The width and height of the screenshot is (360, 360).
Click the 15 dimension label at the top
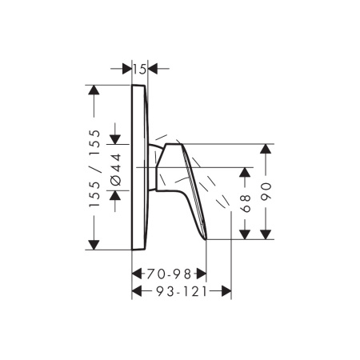coord(140,70)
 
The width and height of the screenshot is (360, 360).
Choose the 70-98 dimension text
coord(169,273)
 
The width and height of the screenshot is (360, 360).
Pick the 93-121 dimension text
coord(181,292)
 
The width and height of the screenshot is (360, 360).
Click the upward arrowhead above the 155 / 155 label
coord(95,94)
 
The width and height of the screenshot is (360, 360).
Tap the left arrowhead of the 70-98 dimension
coord(137,273)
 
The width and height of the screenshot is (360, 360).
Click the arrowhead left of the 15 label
coord(126,70)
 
